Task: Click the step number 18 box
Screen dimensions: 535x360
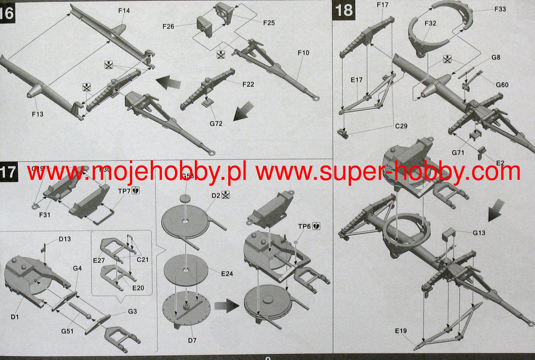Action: click(x=344, y=10)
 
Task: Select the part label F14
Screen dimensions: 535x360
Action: click(x=124, y=11)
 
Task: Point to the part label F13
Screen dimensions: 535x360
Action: click(x=38, y=114)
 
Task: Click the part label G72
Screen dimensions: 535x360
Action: click(x=216, y=123)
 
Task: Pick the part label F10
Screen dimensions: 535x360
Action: click(x=303, y=53)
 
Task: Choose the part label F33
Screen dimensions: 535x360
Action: click(x=500, y=9)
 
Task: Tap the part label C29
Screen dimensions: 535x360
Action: click(x=401, y=126)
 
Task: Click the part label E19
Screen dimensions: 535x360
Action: click(x=401, y=331)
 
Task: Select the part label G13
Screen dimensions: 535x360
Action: click(x=479, y=233)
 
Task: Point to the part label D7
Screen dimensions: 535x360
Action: click(x=192, y=340)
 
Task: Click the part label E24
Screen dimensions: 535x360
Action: click(x=227, y=273)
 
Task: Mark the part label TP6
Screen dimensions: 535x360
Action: click(x=304, y=226)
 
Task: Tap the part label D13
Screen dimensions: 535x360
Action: click(x=65, y=239)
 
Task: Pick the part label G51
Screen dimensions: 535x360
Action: click(x=68, y=331)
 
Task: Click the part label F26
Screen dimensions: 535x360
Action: click(x=168, y=27)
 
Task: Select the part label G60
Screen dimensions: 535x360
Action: click(x=502, y=85)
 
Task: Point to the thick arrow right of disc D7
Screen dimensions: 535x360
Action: click(x=226, y=306)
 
